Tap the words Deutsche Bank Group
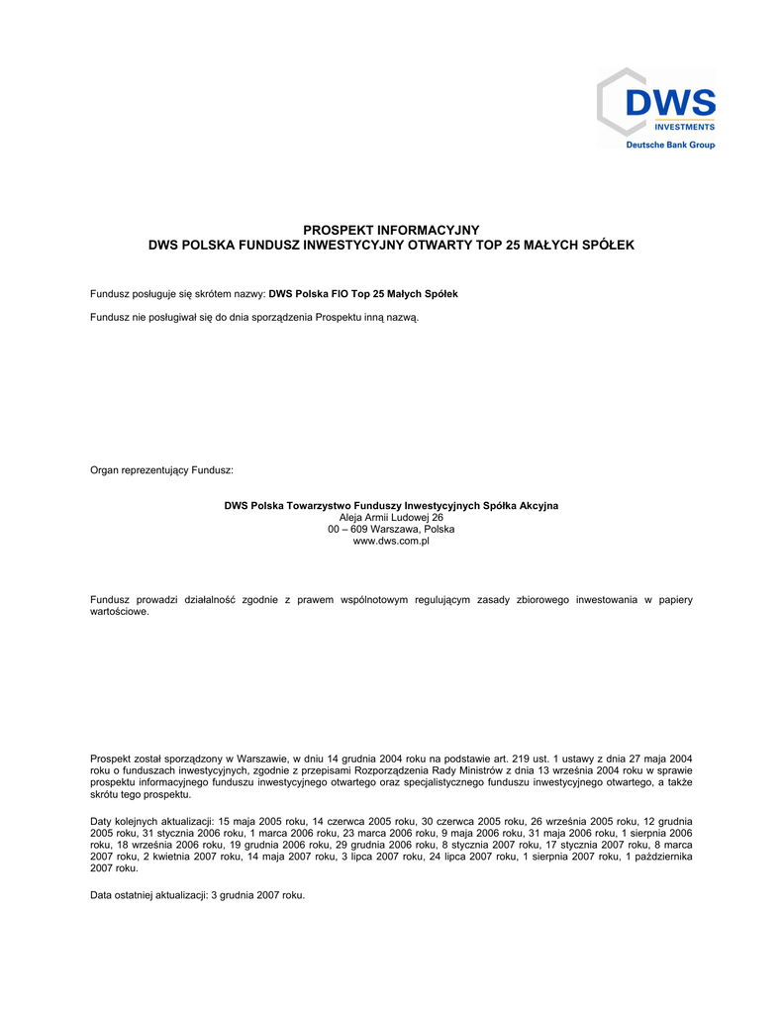pos(669,145)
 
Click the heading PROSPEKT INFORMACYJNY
pos(391,230)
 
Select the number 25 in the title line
pos(512,244)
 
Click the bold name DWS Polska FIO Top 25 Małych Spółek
pos(363,294)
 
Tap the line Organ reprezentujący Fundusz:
pos(161,469)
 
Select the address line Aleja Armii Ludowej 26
pos(391,518)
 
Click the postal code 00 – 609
pos(347,530)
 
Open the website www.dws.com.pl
pos(391,542)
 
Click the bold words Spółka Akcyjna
pos(521,506)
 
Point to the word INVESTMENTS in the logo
pos(683,127)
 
